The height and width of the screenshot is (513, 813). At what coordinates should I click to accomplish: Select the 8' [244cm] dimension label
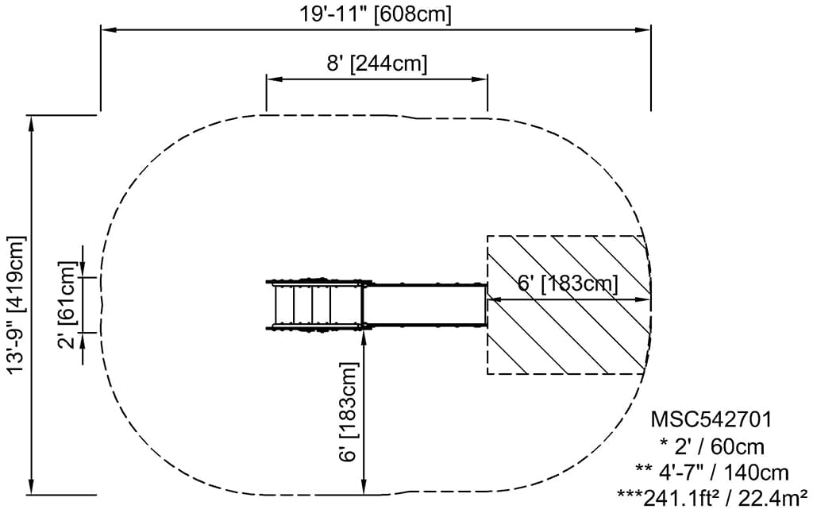point(377,64)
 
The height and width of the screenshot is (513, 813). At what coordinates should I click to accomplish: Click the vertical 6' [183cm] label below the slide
point(348,411)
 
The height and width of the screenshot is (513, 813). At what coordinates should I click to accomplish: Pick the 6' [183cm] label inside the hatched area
point(568,284)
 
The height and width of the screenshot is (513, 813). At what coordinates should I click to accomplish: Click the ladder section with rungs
point(314,304)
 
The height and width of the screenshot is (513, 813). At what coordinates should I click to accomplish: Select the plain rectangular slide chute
point(425,304)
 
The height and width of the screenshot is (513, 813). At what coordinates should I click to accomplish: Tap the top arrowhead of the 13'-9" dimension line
point(31,121)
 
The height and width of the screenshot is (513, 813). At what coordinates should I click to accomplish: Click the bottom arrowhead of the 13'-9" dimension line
point(31,488)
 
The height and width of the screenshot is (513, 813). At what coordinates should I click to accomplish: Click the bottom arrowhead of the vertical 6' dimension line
point(364,488)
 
